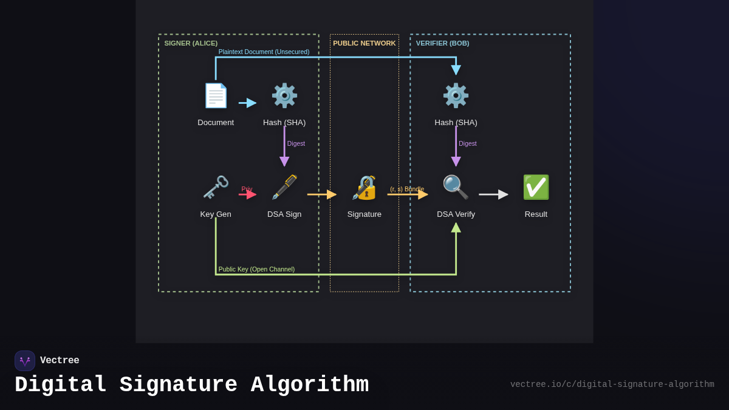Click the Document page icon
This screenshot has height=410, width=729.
(x=216, y=96)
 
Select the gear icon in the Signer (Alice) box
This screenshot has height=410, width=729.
(x=284, y=96)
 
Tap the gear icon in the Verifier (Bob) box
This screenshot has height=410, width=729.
(x=456, y=96)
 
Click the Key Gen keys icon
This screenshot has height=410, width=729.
(x=216, y=188)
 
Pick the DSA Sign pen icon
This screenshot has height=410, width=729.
(x=284, y=188)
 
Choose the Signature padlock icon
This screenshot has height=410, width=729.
(x=364, y=188)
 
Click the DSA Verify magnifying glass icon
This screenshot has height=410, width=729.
(x=456, y=188)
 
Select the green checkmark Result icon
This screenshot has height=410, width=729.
(x=536, y=188)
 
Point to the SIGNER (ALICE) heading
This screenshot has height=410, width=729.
(x=191, y=43)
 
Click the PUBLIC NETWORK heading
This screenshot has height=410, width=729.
(x=364, y=43)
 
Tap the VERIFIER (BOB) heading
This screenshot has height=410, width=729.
(x=442, y=43)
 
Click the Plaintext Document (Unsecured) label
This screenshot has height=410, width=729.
(x=264, y=52)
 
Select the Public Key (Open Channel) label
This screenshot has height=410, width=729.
(x=256, y=269)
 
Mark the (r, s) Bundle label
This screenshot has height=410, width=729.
(x=407, y=189)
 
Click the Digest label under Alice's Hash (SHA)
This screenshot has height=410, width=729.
(x=296, y=144)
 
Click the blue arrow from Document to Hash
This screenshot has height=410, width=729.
(x=247, y=103)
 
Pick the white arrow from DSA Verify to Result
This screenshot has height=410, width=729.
(x=493, y=194)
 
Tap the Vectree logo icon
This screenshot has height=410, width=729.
(x=25, y=361)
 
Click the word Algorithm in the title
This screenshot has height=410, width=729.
(x=309, y=385)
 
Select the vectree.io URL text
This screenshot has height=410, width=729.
(x=612, y=384)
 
